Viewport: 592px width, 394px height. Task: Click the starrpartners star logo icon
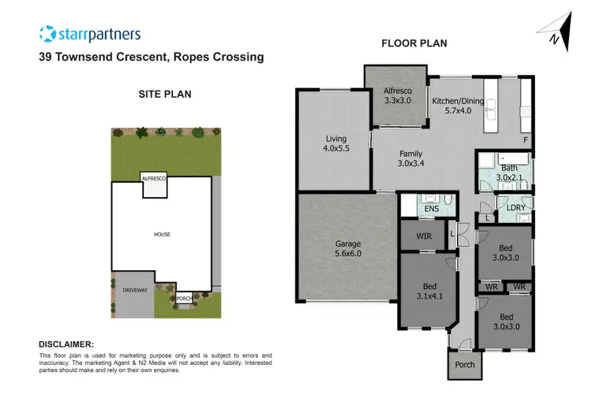coord(47,34)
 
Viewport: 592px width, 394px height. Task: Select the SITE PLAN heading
coord(164,94)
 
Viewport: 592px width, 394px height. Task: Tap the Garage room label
coord(348,248)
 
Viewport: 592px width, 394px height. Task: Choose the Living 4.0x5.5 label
coord(336,143)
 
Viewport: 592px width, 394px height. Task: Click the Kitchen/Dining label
coord(458,106)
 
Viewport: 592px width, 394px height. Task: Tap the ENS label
coord(431,209)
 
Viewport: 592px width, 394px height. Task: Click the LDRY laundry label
coord(515,207)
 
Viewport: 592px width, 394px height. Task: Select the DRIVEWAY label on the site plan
coord(135,291)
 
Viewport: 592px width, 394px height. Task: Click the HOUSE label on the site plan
coord(162,234)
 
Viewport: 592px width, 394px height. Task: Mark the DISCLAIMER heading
coord(66,344)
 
